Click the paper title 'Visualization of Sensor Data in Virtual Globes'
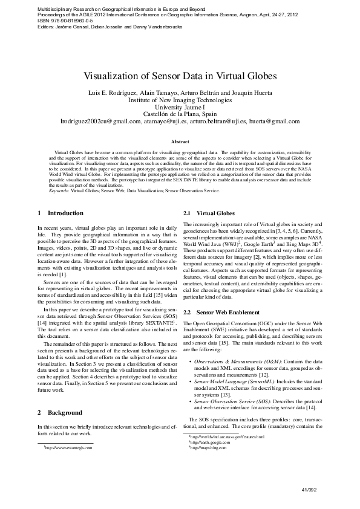tap(180, 77)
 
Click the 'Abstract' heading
tap(180, 141)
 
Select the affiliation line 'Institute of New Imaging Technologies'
tap(180, 99)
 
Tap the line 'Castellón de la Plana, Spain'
tap(180, 114)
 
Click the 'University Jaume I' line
tap(180, 106)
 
